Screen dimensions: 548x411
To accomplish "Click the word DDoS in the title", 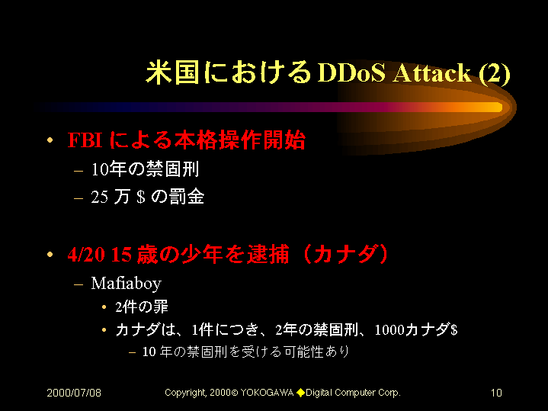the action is pyautogui.click(x=351, y=72).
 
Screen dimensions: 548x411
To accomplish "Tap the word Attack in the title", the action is pyautogui.click(x=432, y=72).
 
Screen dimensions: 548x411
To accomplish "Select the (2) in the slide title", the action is pyautogui.click(x=495, y=74).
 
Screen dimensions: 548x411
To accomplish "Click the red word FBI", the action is pyautogui.click(x=85, y=140).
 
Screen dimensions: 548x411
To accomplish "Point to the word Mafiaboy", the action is pyautogui.click(x=127, y=284).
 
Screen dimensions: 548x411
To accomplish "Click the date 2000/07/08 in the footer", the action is pyautogui.click(x=74, y=393).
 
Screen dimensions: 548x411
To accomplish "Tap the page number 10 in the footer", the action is pyautogui.click(x=496, y=393).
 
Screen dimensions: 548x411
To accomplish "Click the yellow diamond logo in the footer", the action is pyautogui.click(x=300, y=393).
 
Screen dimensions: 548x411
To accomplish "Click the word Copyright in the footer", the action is pyautogui.click(x=186, y=393).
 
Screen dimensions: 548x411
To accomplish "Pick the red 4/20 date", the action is pyautogui.click(x=86, y=254).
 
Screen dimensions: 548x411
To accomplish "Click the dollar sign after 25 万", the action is pyautogui.click(x=141, y=197).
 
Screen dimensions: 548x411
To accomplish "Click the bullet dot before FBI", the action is pyautogui.click(x=50, y=140).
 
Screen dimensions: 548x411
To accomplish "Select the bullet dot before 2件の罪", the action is pyautogui.click(x=104, y=307).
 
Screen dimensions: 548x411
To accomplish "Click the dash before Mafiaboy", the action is pyautogui.click(x=79, y=284).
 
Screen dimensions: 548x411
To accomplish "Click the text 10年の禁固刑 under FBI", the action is pyautogui.click(x=145, y=169).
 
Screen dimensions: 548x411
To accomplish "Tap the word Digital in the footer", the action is pyautogui.click(x=319, y=393).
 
